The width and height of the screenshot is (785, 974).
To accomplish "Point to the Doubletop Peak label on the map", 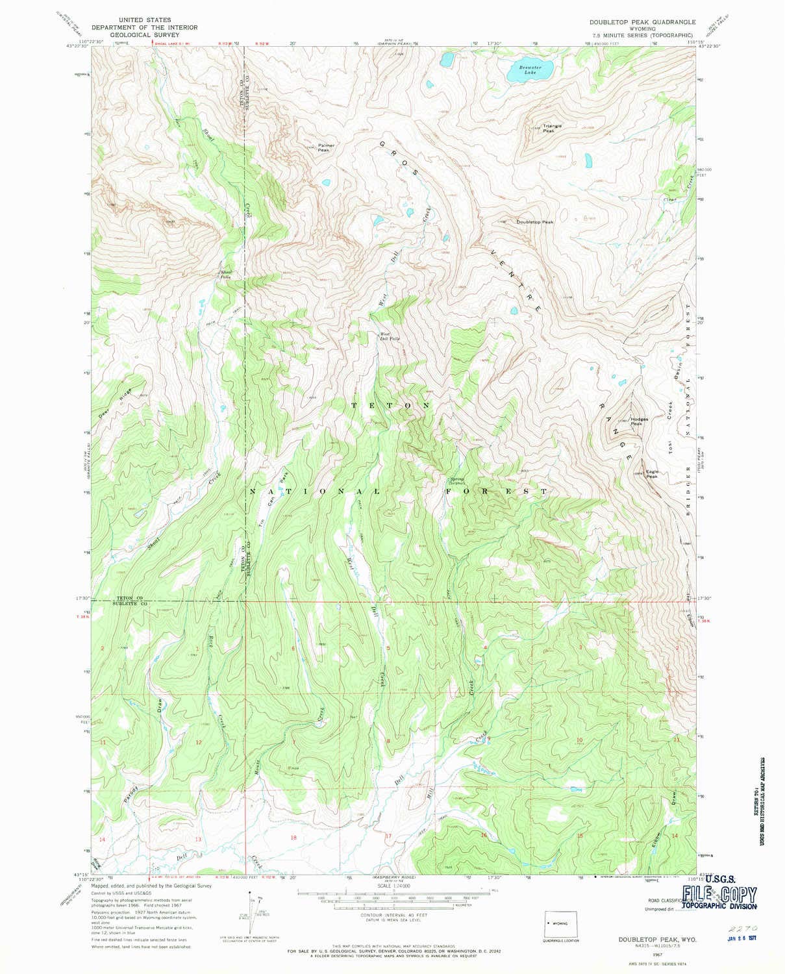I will (535, 222).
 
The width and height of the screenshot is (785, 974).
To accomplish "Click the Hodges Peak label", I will (639, 421).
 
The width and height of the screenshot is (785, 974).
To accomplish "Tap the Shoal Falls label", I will (226, 275).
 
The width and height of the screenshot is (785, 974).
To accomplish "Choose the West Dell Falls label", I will (390, 338).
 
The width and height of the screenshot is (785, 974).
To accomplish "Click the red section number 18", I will (293, 838).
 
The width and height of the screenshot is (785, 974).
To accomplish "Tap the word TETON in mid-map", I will (390, 405).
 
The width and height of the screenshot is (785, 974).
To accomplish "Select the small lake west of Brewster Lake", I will (446, 60).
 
